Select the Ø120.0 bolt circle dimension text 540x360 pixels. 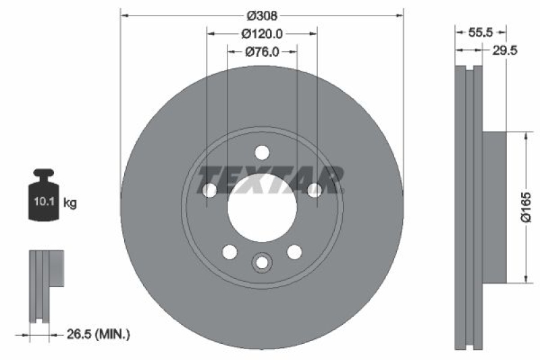(x=261, y=33)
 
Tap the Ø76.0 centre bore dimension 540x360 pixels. (x=261, y=51)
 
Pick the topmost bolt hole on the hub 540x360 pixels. (x=262, y=152)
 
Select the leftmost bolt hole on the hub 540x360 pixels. (x=209, y=190)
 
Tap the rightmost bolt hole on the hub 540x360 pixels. (x=314, y=190)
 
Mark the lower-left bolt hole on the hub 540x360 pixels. (x=230, y=252)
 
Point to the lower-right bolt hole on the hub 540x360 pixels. (x=294, y=252)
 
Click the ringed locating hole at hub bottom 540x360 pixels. (x=261, y=262)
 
